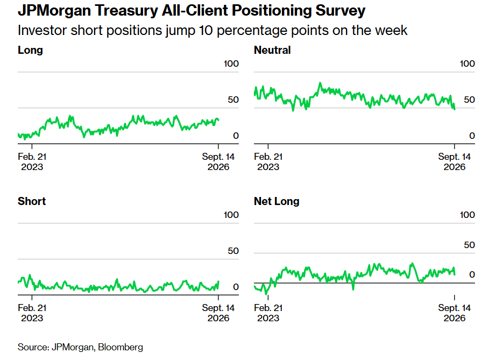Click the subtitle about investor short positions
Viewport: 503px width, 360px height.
point(212,31)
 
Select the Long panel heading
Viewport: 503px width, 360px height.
point(30,51)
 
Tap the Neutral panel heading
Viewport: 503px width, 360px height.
point(272,50)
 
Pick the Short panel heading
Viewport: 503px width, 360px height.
point(32,201)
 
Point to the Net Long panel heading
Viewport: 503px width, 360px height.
point(277,201)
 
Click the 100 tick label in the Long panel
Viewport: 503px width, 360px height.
point(231,63)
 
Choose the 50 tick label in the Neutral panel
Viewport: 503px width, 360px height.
point(469,100)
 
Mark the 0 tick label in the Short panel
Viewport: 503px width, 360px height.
point(236,287)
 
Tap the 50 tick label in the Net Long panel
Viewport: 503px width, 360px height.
point(469,245)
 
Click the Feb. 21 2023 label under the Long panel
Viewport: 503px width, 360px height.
point(32,162)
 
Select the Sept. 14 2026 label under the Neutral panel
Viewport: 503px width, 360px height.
point(454,162)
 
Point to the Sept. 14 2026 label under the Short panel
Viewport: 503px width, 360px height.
point(218,313)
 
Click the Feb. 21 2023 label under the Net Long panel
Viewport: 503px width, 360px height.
point(268,313)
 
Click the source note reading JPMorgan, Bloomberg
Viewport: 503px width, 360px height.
point(80,347)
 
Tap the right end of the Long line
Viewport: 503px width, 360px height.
point(218,120)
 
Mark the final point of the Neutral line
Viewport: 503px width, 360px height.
point(455,109)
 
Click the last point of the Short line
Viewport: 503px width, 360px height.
point(218,282)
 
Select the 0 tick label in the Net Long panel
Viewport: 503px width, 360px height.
point(472,274)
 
